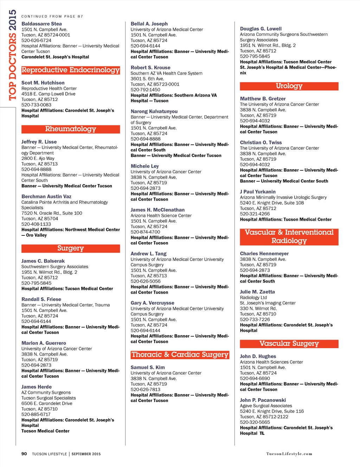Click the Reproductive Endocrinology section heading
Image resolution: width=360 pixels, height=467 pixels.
pos(71,70)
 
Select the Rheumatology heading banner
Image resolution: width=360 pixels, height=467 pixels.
pos(71,129)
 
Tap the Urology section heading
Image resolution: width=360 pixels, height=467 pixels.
pos(289,86)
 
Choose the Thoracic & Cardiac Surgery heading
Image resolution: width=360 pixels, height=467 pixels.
pos(180,355)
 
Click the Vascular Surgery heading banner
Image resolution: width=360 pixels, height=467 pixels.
pos(289,344)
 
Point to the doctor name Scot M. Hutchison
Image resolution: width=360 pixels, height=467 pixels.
pos(43,83)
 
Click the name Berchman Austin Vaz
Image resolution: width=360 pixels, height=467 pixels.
pos(46,196)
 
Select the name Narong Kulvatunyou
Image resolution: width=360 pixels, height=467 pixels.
pos(154,111)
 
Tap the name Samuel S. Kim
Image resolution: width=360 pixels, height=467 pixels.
pos(148,367)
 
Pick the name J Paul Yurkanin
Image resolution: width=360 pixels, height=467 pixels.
pos(258,192)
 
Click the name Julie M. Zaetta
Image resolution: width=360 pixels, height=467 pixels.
pos(257,292)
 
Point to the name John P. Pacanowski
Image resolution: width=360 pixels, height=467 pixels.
pos(263,400)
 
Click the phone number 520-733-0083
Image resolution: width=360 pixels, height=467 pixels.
pos(36,105)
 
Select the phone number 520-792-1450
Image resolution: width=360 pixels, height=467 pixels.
pos(145,90)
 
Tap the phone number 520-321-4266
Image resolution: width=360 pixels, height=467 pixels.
pos(255,214)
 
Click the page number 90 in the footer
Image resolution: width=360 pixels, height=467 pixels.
pos(24,454)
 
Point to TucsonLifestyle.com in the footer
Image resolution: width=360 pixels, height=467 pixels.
pos(289,454)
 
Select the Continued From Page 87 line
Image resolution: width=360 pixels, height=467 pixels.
pos(52,17)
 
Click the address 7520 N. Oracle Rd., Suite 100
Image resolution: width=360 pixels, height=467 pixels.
pos(52,213)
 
